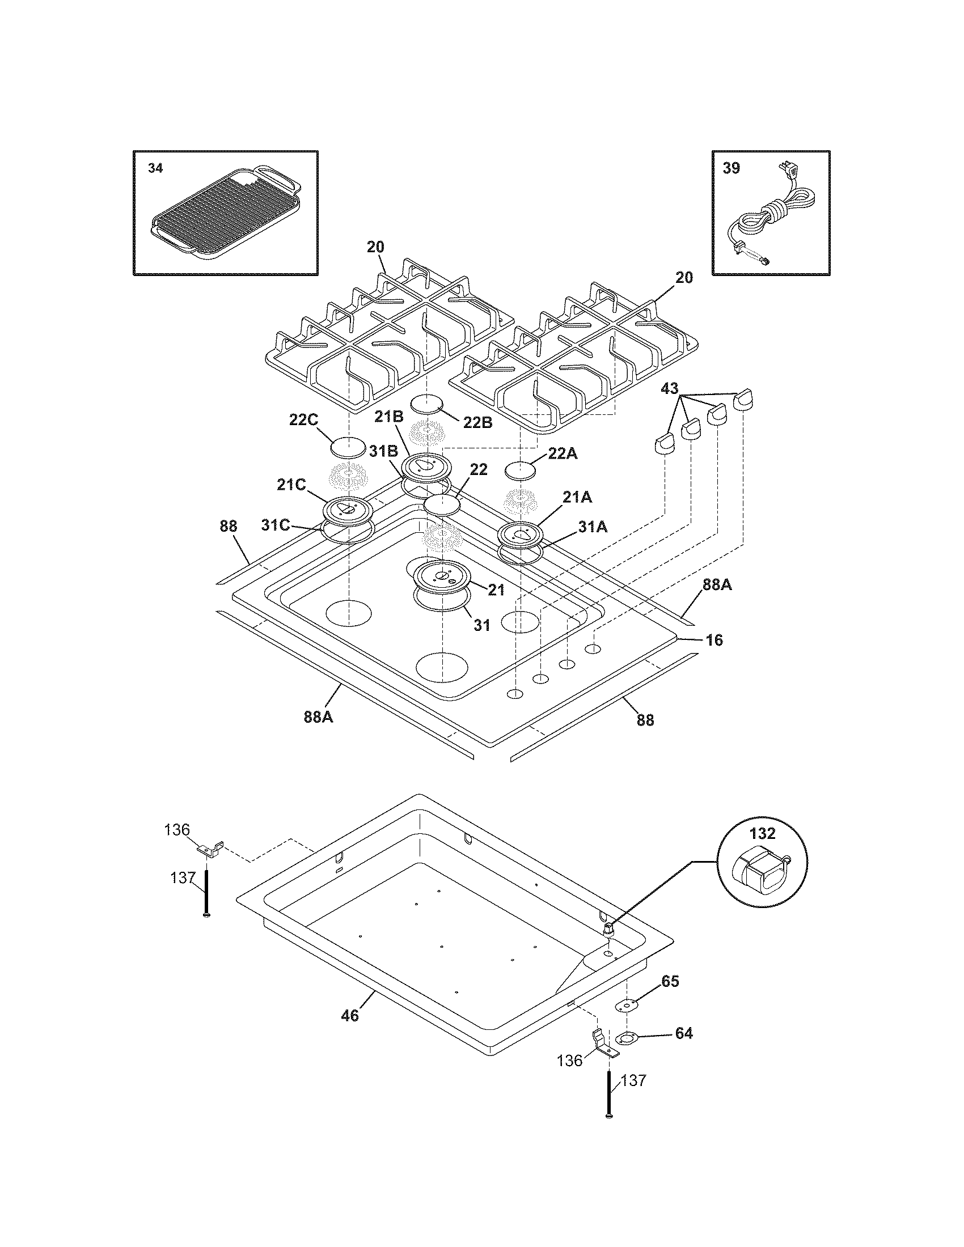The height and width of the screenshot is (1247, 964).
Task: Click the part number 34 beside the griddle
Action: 155,168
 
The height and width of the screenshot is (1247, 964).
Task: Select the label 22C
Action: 303,419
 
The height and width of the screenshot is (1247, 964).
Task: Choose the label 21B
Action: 389,417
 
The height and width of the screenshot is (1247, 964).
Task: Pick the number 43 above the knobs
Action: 669,389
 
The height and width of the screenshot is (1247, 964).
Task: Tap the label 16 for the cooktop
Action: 714,640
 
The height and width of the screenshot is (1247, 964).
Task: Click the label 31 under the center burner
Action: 482,625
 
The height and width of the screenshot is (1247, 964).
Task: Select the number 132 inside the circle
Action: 762,833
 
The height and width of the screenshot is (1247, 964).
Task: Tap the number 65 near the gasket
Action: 670,981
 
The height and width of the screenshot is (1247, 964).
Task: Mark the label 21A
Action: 577,498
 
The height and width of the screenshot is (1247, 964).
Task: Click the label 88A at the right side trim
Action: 717,585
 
